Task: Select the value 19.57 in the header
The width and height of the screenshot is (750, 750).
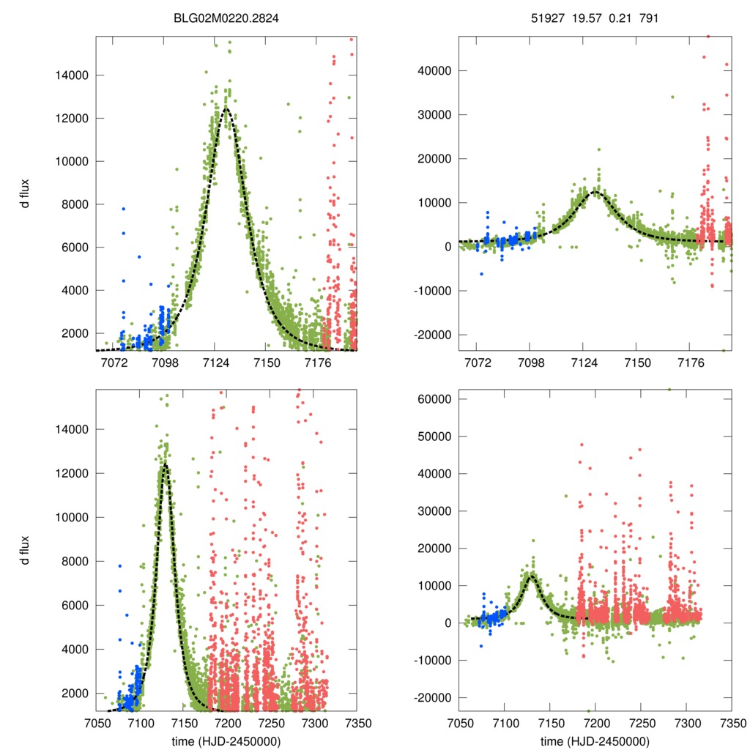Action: point(584,18)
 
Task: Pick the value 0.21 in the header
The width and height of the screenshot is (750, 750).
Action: point(618,18)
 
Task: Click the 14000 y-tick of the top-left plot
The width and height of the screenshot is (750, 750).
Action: point(73,75)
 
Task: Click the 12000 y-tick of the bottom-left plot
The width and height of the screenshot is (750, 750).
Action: point(73,473)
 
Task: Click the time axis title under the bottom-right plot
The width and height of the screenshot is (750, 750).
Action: point(595,741)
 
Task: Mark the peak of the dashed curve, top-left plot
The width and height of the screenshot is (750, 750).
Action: point(226,108)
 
